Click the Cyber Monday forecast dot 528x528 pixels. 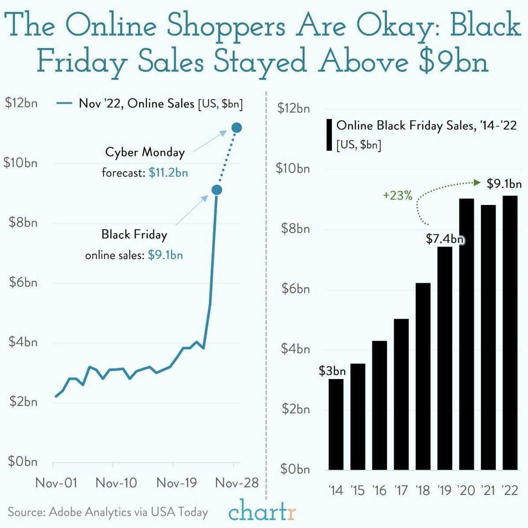tap(237, 128)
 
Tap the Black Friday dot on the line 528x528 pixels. tap(216, 190)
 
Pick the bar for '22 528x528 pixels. tap(510, 333)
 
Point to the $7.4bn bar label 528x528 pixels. tap(445, 239)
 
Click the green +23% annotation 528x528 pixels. tap(398, 196)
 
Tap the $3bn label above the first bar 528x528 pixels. tap(332, 371)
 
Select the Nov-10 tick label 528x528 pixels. tap(116, 483)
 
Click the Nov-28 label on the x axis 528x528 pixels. tap(237, 483)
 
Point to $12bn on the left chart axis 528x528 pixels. tap(21, 103)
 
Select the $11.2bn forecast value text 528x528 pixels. tap(168, 172)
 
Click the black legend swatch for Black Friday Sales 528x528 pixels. tap(329, 134)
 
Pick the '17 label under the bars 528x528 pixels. tap(401, 490)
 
